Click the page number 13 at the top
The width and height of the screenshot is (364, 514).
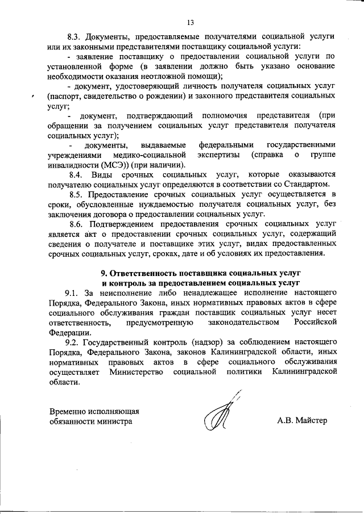coord(190,22)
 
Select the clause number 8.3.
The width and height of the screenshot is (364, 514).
coord(76,36)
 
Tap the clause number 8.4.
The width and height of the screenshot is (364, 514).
coord(77,174)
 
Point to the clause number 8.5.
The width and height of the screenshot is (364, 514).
coord(77,194)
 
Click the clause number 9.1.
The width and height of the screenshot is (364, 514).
coord(74,292)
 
